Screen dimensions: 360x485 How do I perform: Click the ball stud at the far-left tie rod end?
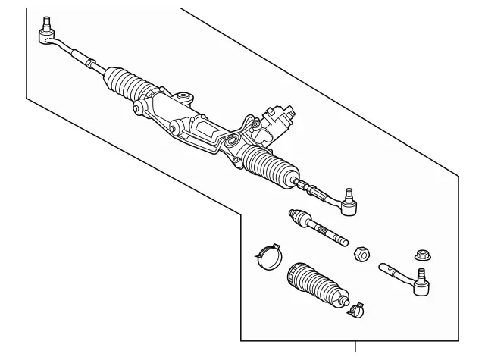coord(45,23)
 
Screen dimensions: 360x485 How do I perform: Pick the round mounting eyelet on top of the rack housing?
coord(182,96)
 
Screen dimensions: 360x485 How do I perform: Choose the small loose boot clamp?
coord(356,308)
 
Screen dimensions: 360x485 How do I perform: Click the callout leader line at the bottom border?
coord(355,349)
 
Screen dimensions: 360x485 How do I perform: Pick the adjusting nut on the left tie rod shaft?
coord(90,61)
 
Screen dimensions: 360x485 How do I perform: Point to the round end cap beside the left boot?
coord(137,111)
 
